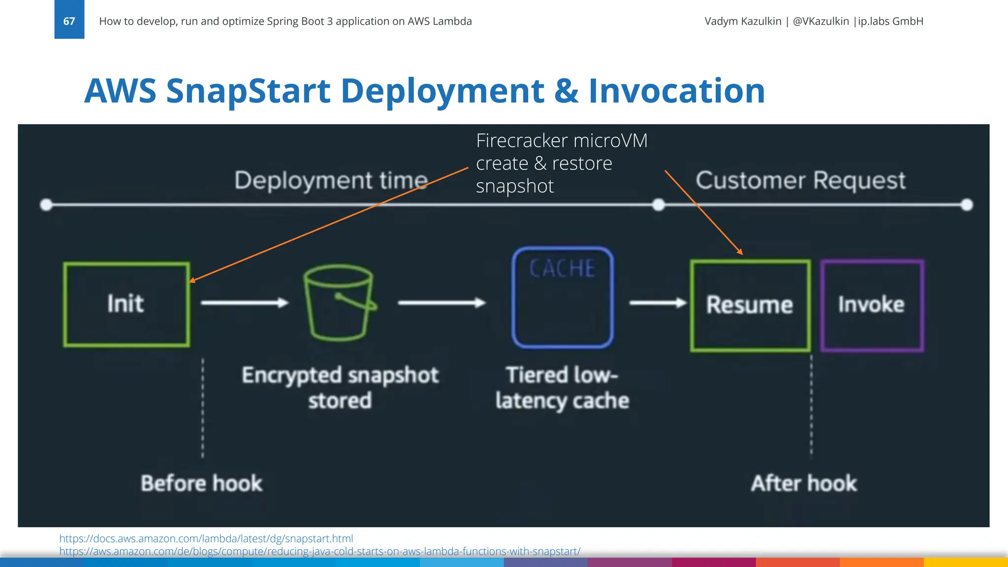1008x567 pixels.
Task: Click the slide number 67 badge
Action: coord(69,20)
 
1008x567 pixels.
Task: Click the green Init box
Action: coord(126,304)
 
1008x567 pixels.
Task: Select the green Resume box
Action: coord(750,306)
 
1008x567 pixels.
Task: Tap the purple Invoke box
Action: coord(872,306)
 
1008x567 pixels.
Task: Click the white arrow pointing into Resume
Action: coord(658,303)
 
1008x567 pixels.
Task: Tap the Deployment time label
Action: coord(331,180)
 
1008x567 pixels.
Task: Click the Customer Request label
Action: coord(800,180)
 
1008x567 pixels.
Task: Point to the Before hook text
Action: coord(201,483)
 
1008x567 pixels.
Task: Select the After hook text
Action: coord(804,483)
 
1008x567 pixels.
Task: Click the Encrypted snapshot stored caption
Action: coord(340,388)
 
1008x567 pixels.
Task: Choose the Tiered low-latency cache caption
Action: coord(562,388)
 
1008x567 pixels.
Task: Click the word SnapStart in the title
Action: coord(248,91)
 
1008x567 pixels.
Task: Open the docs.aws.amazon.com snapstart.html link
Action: coord(206,538)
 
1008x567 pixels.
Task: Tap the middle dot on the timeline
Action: coord(658,205)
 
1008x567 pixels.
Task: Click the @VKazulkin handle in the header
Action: coord(820,21)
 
